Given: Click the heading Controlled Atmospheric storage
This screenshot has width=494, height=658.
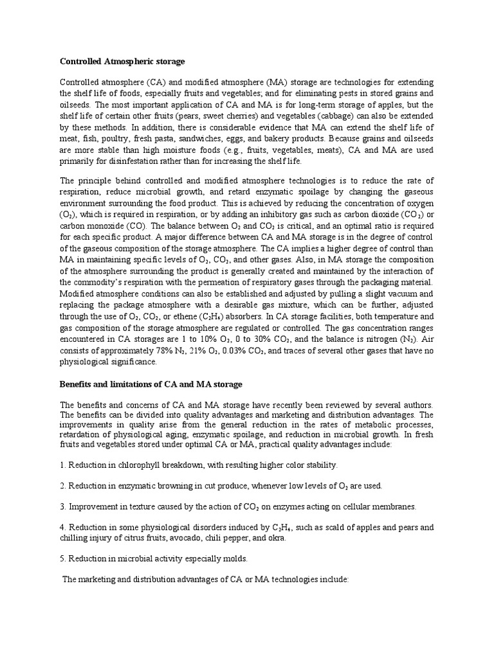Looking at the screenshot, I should [122, 62].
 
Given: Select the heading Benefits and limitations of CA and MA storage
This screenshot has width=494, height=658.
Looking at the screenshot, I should [151, 384].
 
